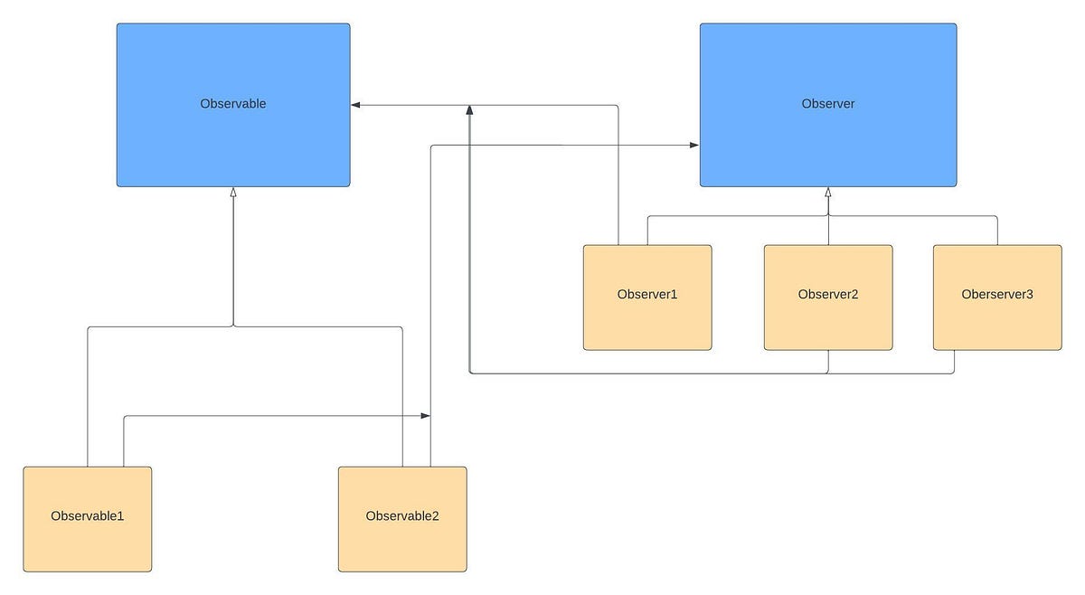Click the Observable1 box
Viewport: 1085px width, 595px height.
[87, 543]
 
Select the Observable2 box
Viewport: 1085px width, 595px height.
[402, 543]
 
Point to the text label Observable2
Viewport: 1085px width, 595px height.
[402, 516]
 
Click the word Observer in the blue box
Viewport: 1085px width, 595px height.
[827, 104]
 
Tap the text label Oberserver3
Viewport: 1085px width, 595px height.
[997, 295]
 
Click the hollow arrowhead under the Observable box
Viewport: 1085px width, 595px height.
[233, 193]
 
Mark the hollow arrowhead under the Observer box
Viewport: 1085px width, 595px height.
[828, 193]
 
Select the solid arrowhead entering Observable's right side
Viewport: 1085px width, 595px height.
[356, 105]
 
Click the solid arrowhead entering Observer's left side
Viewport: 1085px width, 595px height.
[693, 145]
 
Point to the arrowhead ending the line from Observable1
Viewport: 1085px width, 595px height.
[425, 416]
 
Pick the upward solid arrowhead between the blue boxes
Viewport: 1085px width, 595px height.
[469, 110]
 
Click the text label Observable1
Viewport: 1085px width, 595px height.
[87, 516]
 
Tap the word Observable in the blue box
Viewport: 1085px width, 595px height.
[232, 104]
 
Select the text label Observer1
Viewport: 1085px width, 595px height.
[647, 295]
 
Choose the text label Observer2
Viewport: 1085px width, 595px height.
[828, 295]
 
